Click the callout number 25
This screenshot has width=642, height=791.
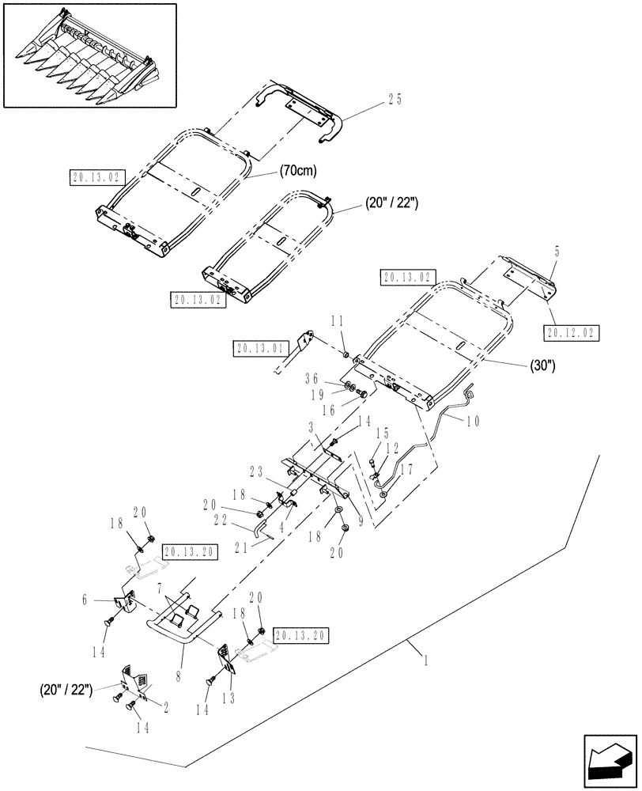[x=395, y=99]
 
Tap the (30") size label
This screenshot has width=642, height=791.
[x=540, y=366]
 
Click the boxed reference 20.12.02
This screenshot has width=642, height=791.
[x=572, y=332]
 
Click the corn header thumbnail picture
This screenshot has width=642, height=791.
[x=89, y=55]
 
